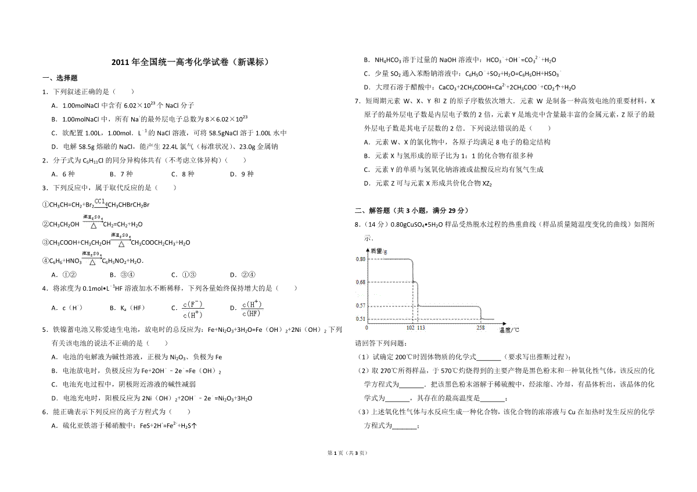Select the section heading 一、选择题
[x=60, y=78]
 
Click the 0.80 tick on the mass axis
[x=360, y=259]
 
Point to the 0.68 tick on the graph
[x=360, y=282]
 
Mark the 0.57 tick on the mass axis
[x=360, y=305]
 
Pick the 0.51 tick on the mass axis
[x=360, y=319]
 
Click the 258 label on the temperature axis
[x=480, y=328]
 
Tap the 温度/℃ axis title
[x=509, y=330]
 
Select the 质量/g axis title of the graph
[x=379, y=251]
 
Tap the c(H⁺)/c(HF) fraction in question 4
[x=254, y=309]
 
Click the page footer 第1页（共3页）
[x=348, y=453]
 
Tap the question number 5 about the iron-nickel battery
[x=44, y=330]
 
